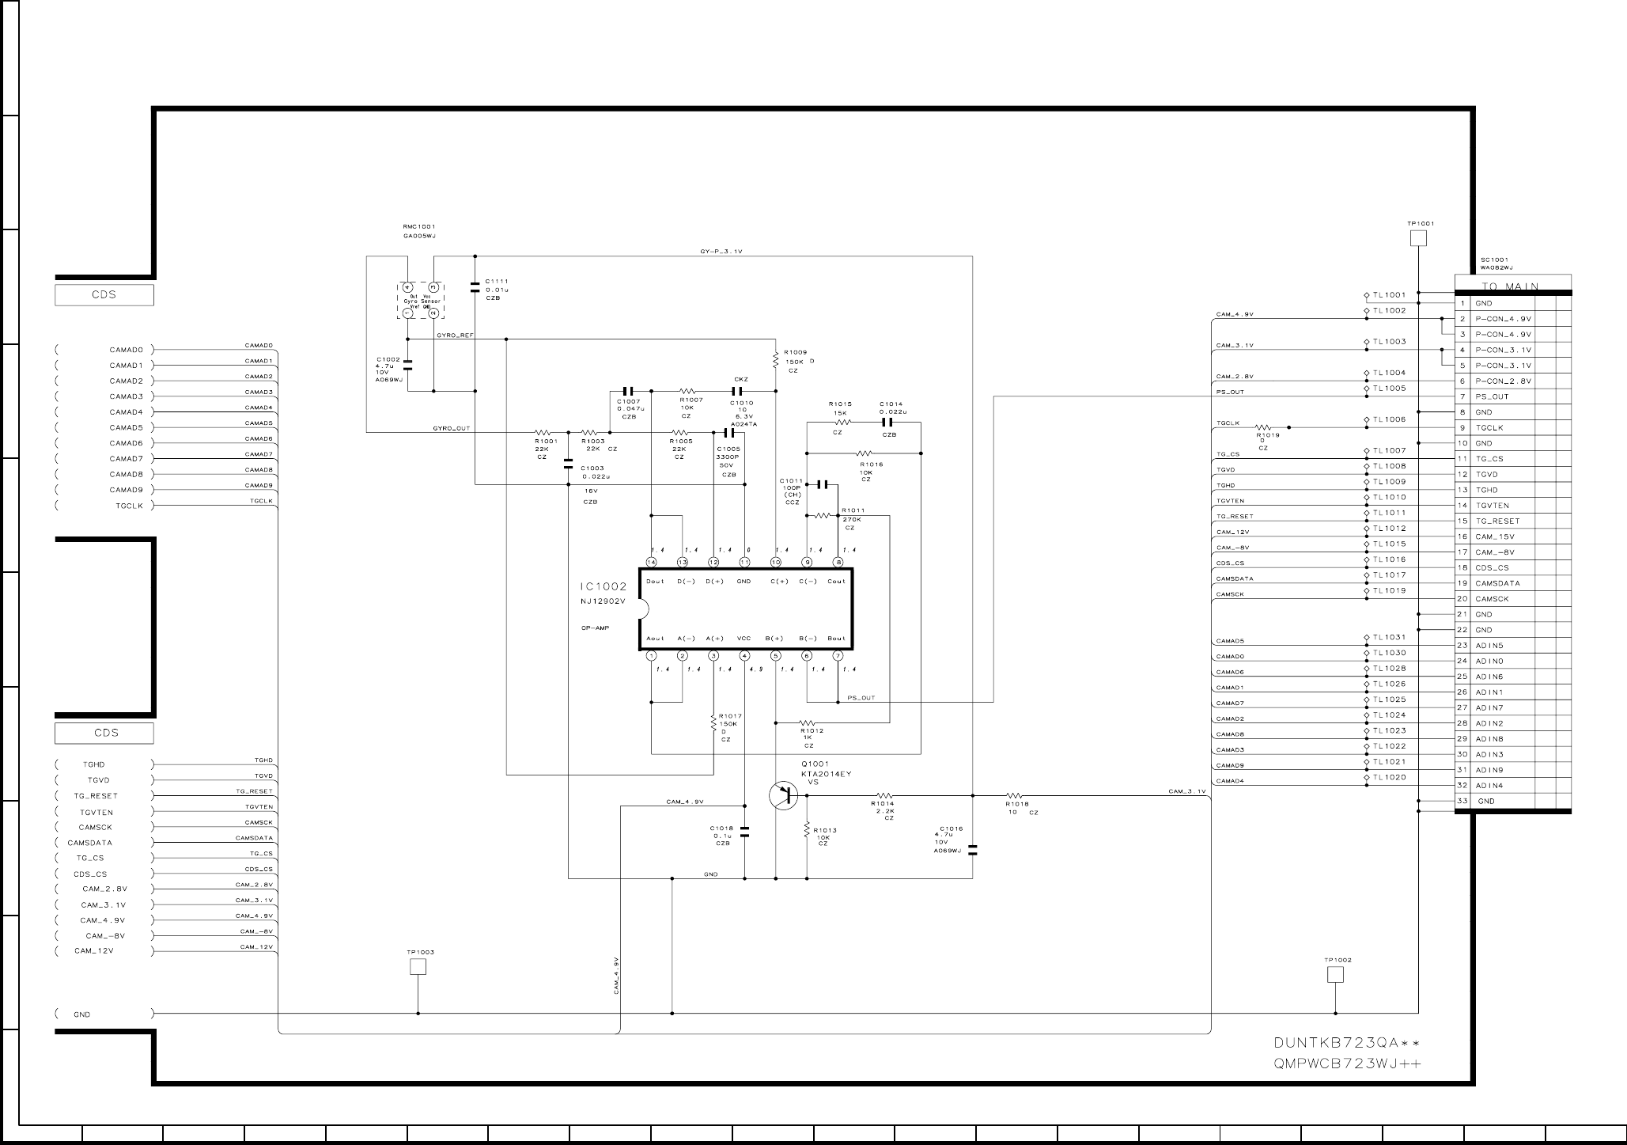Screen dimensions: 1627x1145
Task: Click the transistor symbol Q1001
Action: [782, 795]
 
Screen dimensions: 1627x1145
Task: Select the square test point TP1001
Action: [1419, 238]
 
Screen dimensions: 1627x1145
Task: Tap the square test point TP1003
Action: [418, 967]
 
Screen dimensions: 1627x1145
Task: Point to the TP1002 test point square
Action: [1335, 975]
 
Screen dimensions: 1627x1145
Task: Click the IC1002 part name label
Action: [603, 587]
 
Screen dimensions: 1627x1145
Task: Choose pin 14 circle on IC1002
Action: [651, 563]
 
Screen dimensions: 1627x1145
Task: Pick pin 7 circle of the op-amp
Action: [838, 656]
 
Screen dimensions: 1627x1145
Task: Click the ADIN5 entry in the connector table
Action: [1489, 646]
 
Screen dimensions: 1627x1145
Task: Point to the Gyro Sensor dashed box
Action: [420, 300]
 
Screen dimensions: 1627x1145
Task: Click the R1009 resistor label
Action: [795, 353]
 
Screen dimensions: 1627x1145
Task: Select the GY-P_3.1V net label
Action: [721, 252]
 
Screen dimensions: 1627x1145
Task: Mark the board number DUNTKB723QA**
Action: [1347, 1042]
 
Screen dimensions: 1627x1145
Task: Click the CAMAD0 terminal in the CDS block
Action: [126, 350]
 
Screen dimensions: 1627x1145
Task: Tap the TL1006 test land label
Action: [1389, 419]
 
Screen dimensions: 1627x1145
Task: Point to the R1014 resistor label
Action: [883, 804]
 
